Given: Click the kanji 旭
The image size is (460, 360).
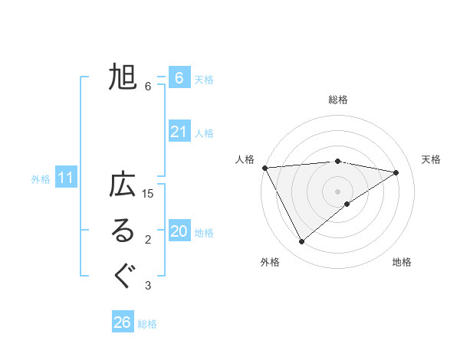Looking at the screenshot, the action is [123, 77].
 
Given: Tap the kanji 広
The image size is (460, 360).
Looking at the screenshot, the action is [123, 186].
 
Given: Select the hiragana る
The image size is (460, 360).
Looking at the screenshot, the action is [123, 232].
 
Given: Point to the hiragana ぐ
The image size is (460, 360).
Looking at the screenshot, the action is [123, 276].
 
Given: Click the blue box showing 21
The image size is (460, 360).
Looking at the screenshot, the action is [179, 133].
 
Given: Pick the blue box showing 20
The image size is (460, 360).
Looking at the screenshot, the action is [179, 232].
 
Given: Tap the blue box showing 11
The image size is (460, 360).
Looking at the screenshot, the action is [66, 178].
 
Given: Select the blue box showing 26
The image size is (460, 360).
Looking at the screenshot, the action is [123, 322].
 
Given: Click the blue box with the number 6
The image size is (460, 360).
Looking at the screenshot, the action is [179, 78].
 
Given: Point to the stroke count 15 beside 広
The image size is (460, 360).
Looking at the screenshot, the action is [149, 194].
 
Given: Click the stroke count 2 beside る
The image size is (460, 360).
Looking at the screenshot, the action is [148, 241].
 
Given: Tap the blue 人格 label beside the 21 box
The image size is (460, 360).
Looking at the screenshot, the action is [205, 133].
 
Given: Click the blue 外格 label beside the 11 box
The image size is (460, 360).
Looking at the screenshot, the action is [41, 179].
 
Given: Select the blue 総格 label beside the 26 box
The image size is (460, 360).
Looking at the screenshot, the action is [148, 323].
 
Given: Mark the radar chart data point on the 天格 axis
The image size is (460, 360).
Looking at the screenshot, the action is [396, 172].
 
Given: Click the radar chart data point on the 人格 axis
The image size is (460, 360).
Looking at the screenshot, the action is [264, 168].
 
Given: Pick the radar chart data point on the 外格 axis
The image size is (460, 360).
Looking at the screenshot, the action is [302, 242].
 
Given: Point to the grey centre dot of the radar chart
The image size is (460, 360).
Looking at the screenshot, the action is [337, 191].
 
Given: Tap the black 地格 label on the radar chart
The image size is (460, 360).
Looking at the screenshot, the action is [402, 262].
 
